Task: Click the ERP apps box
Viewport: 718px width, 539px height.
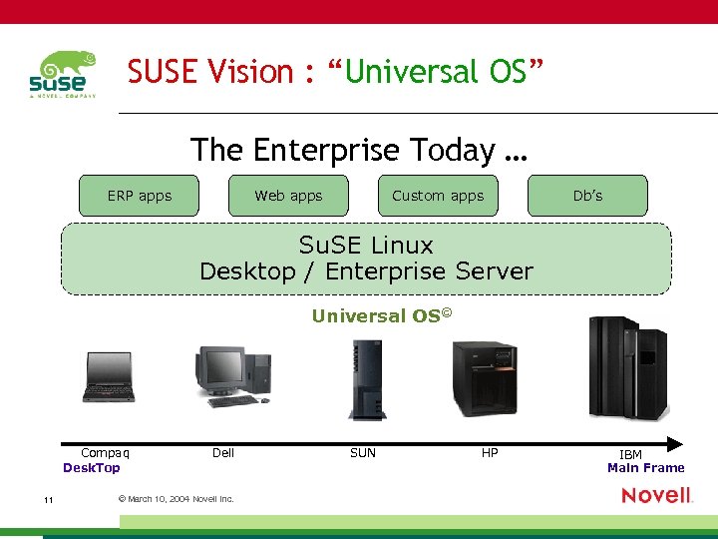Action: click(140, 196)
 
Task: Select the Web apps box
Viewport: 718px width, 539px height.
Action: click(288, 196)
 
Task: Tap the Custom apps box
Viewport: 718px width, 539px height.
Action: click(438, 196)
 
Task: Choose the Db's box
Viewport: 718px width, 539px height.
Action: click(587, 196)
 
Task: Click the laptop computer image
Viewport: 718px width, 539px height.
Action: click(109, 377)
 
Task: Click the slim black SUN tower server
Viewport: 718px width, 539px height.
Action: click(367, 379)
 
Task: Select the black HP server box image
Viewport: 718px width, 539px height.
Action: click(485, 378)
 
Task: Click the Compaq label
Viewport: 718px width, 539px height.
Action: click(105, 453)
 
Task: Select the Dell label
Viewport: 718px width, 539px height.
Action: click(223, 453)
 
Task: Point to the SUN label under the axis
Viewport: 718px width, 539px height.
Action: click(363, 453)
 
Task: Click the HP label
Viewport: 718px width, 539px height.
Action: click(490, 453)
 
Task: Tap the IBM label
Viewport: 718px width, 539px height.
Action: click(630, 454)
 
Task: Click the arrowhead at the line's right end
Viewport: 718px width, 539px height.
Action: click(675, 443)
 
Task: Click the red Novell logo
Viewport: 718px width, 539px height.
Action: click(656, 495)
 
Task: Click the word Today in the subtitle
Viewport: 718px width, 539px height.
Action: click(455, 150)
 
